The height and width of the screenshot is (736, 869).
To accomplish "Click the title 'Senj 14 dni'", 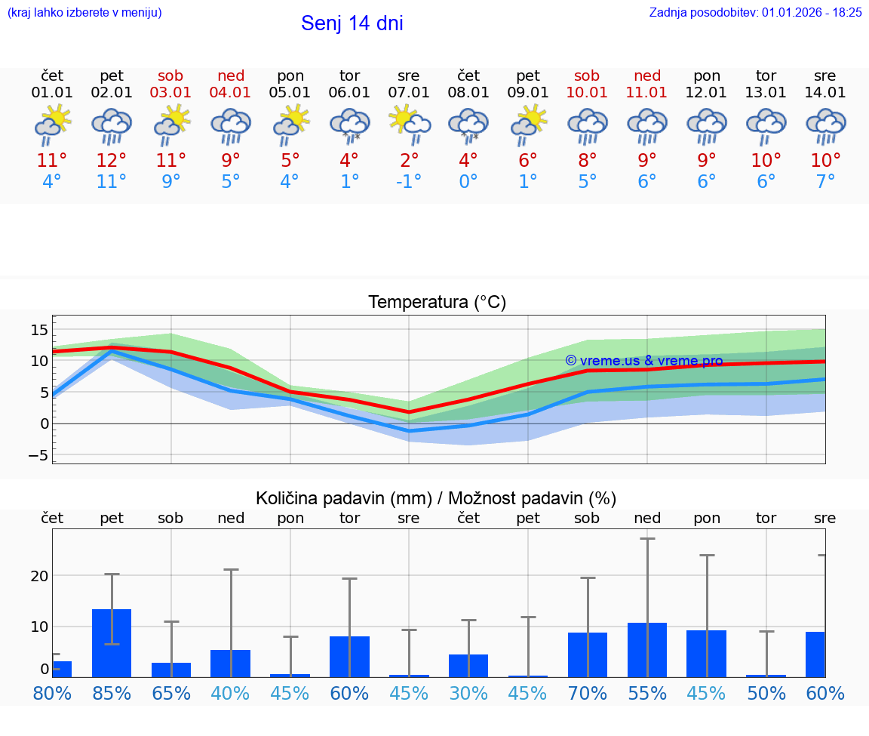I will click(x=352, y=23).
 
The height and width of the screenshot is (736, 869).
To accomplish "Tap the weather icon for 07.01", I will click(x=409, y=125).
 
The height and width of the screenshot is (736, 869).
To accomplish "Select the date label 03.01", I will click(x=170, y=93).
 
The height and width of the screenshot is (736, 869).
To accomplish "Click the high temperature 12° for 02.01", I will click(x=111, y=161).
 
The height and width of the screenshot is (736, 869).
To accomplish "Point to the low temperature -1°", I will click(x=409, y=182).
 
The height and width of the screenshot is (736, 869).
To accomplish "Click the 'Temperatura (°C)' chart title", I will click(x=437, y=303).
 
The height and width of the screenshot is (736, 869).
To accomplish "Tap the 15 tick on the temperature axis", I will click(x=39, y=330).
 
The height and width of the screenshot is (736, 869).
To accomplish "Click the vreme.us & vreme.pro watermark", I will click(x=643, y=361).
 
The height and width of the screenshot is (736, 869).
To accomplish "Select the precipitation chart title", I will click(x=435, y=498).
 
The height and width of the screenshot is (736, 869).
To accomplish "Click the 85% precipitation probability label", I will click(x=111, y=694).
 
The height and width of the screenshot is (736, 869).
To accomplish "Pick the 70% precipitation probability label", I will click(x=587, y=694).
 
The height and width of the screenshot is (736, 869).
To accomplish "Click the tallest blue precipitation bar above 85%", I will click(x=112, y=643).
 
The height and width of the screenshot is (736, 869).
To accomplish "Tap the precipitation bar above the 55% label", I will click(x=646, y=650).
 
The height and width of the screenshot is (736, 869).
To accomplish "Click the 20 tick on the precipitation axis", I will click(x=39, y=576).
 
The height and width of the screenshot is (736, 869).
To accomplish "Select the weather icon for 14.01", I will click(x=825, y=125).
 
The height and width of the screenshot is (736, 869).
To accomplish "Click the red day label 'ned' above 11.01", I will click(x=646, y=76).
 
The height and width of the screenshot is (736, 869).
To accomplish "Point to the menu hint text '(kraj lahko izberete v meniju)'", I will click(x=84, y=12).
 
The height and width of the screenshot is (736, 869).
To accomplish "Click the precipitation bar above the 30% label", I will click(x=468, y=666).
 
